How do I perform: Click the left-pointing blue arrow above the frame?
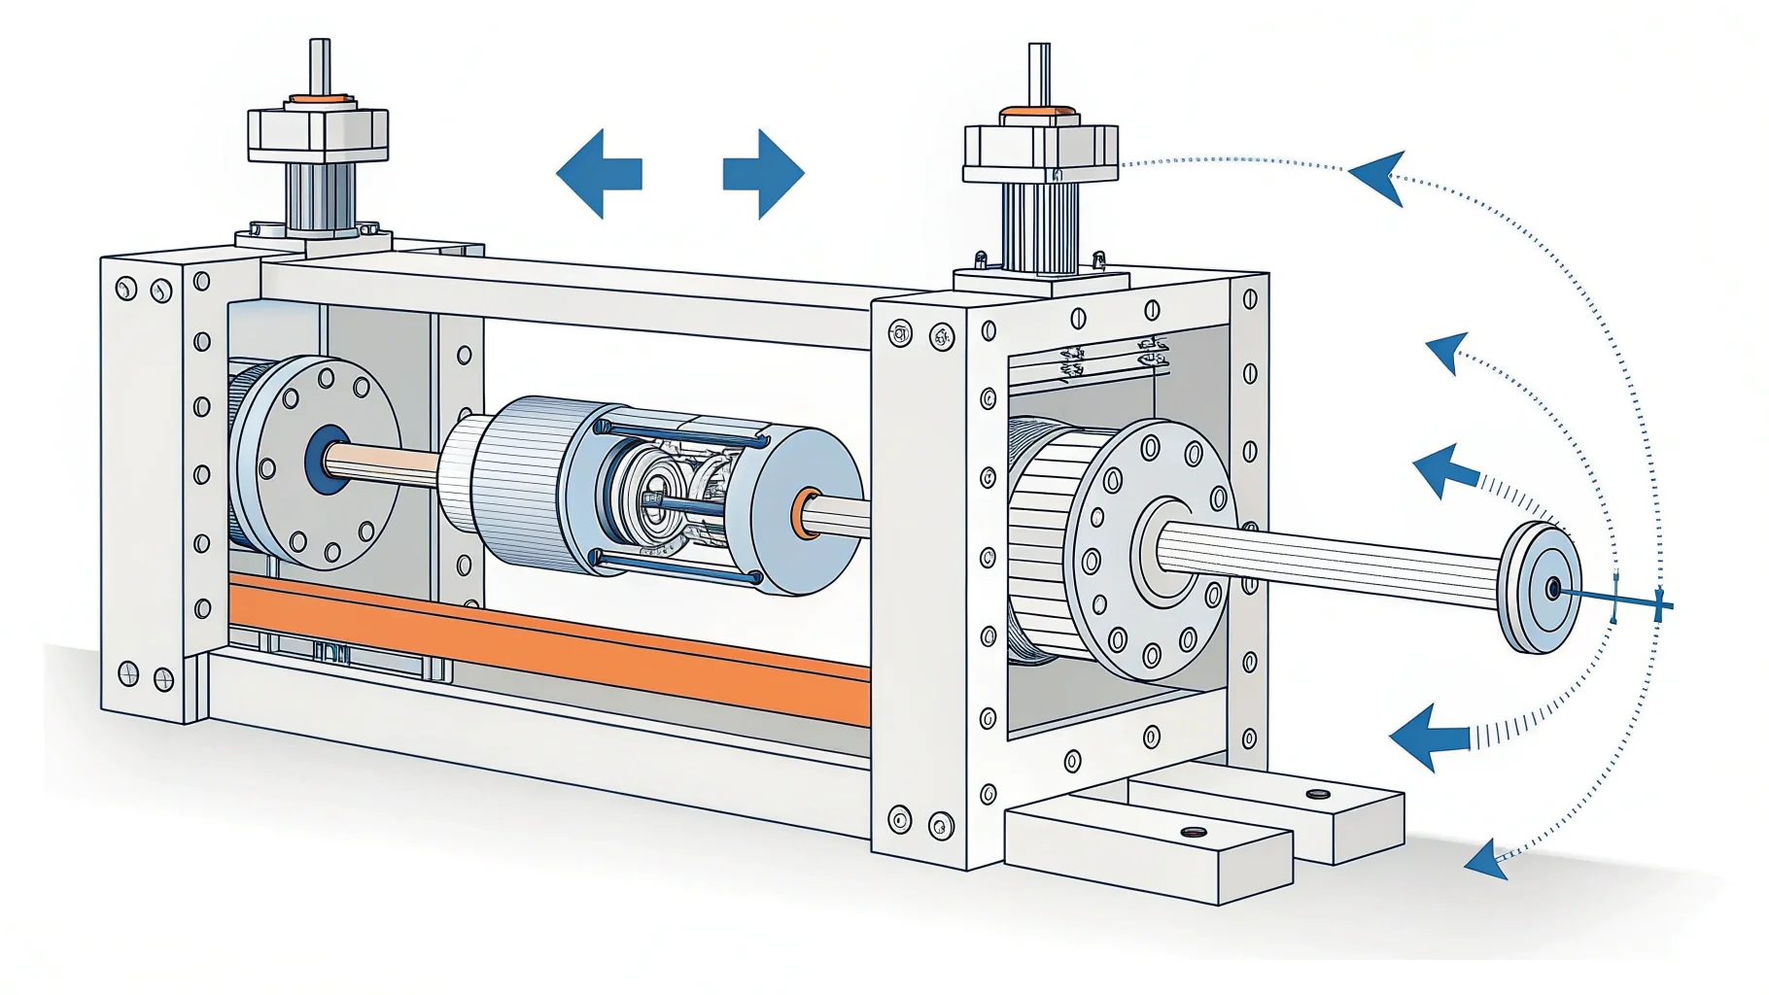[597, 173]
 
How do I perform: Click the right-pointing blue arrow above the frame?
[765, 173]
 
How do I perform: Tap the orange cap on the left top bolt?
[318, 99]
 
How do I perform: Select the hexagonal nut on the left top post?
[318, 133]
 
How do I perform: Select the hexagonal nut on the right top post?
[1039, 154]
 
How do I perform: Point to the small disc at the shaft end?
[1540, 588]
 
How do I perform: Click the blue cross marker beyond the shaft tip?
[1659, 604]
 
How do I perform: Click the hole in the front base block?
[1193, 833]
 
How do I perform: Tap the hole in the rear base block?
[1318, 794]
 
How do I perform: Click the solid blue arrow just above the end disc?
[1444, 470]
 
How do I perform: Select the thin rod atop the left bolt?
[319, 64]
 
